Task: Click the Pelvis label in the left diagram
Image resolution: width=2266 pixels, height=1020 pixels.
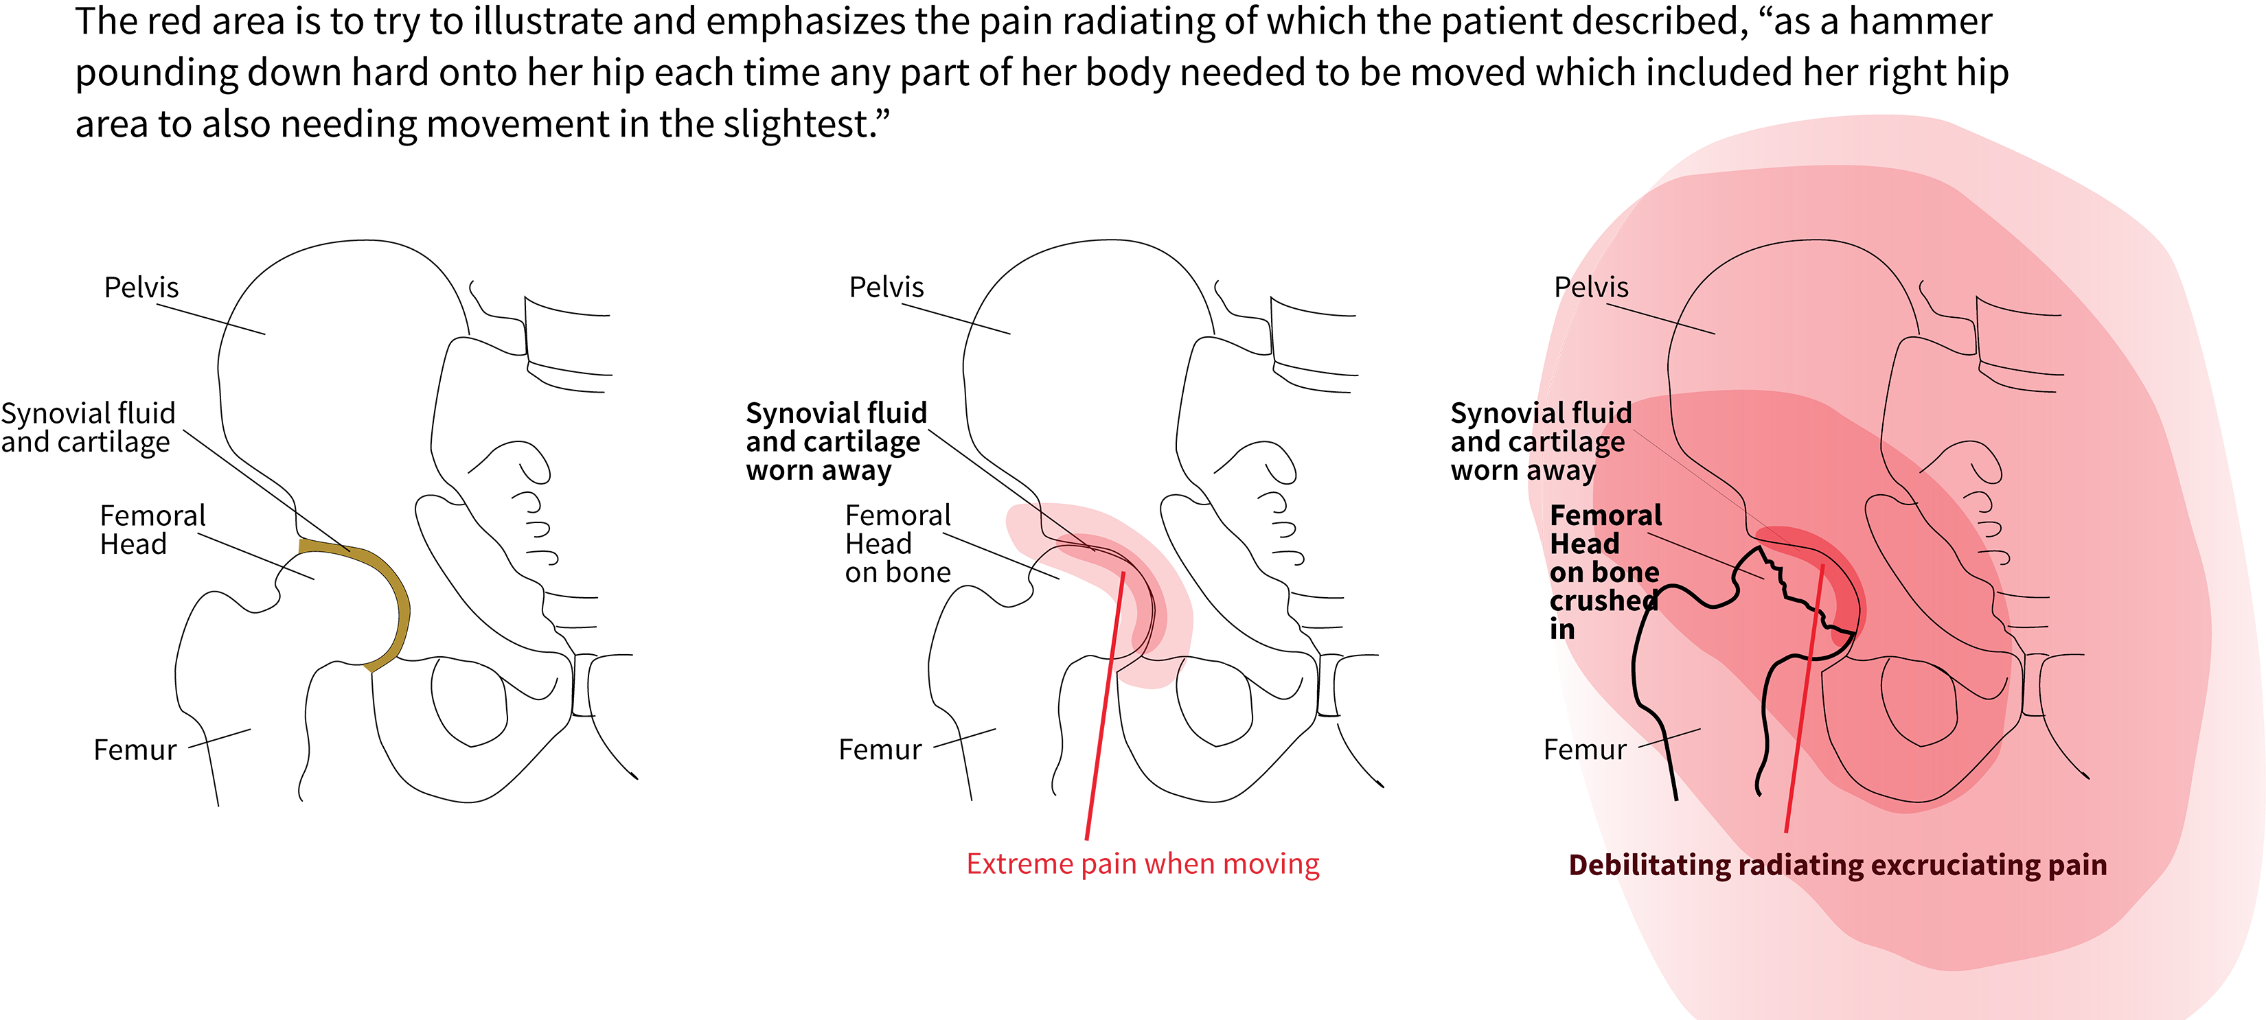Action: pyautogui.click(x=141, y=288)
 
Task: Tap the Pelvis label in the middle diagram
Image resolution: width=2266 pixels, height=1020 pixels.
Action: pyautogui.click(x=886, y=288)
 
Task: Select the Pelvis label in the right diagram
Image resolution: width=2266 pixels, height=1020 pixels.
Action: pyautogui.click(x=1590, y=288)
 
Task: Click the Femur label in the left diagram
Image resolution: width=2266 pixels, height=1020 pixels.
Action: pyautogui.click(x=135, y=750)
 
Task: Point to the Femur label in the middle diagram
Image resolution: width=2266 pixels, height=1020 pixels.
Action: pyautogui.click(x=880, y=750)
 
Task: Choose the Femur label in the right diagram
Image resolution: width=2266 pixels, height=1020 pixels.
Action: pyautogui.click(x=1584, y=750)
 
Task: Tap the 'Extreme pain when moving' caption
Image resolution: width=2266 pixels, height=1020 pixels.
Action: pyautogui.click(x=1142, y=864)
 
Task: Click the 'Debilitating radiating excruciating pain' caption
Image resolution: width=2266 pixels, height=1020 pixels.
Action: pyautogui.click(x=1838, y=866)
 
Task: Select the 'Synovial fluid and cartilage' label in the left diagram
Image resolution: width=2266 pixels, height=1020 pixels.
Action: pyautogui.click(x=87, y=428)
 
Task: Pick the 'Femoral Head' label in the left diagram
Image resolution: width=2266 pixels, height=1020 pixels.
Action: pyautogui.click(x=151, y=529)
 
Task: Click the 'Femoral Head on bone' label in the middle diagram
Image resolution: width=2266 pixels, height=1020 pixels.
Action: pyautogui.click(x=897, y=544)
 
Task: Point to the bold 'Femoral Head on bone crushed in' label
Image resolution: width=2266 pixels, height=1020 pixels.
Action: pyautogui.click(x=1603, y=572)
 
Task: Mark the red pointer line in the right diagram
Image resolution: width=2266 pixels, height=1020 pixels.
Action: pyautogui.click(x=1803, y=704)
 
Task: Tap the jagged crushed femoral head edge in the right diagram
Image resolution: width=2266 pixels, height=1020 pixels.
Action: pyautogui.click(x=1794, y=598)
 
